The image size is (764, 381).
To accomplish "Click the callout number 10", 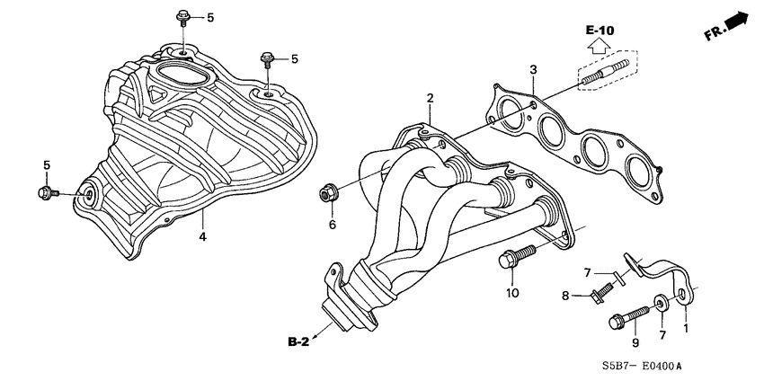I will (x=512, y=293).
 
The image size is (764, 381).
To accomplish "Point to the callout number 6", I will (x=332, y=224).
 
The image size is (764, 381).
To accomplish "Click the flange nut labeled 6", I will (x=328, y=192).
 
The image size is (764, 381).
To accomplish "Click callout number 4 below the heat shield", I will (x=202, y=236).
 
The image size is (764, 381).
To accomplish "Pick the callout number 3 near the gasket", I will (x=533, y=69).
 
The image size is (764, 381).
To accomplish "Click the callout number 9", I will (x=634, y=342).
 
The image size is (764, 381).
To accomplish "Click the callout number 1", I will (x=688, y=329).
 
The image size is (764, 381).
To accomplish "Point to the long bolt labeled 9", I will (x=628, y=315).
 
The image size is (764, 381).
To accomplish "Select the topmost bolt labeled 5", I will (x=182, y=17).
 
